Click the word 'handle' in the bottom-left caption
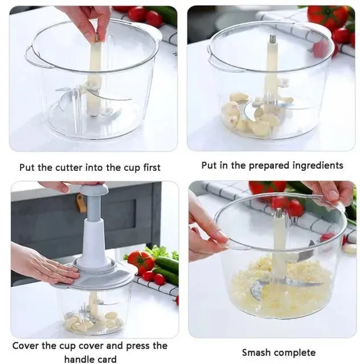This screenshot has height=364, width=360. coord(79,359)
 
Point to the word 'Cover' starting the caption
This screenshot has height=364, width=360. coord(26,345)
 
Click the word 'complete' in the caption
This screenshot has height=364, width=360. coord(293,353)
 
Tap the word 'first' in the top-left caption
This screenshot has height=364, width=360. coord(152,167)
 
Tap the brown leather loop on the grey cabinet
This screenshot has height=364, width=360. coord(81,203)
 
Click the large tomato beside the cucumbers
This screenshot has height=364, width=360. coord(141,260)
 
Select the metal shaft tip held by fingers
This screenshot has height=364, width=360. coord(97,37)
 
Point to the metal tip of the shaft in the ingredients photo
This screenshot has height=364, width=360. coord(272,38)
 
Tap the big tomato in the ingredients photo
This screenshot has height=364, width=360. coord(328,17)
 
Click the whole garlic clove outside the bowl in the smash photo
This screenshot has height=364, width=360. coord(349,249)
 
